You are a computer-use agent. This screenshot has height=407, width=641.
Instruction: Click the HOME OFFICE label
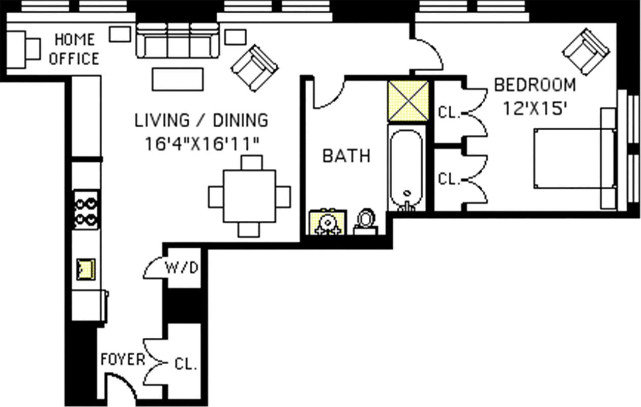(74, 49)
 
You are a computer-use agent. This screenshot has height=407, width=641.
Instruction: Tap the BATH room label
(346, 156)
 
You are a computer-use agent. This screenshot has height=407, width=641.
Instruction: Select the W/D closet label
(182, 268)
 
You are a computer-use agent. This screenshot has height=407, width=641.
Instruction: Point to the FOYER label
(123, 359)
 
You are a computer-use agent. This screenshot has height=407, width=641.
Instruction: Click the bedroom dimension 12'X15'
(535, 108)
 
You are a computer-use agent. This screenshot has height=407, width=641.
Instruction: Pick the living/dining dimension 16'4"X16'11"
(202, 143)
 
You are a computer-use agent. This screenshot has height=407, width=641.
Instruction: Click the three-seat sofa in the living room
(178, 41)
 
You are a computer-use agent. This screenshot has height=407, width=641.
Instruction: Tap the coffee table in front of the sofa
(178, 79)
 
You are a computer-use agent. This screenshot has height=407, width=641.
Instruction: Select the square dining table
(249, 196)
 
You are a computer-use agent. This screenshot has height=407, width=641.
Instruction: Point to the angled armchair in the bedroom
(586, 52)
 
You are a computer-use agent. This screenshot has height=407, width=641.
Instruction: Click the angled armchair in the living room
(254, 68)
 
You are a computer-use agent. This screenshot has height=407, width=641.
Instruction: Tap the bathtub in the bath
(406, 168)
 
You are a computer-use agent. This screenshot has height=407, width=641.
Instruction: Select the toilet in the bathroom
(366, 222)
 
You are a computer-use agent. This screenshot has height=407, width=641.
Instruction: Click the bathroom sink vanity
(328, 222)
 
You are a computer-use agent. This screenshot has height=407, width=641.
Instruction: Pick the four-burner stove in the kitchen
(86, 210)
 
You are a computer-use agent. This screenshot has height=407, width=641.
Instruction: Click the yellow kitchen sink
(86, 269)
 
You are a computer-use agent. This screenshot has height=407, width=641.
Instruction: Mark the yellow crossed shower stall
(409, 101)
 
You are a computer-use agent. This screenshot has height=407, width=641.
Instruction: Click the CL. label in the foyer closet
(186, 364)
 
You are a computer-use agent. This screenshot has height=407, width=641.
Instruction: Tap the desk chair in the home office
(34, 49)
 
